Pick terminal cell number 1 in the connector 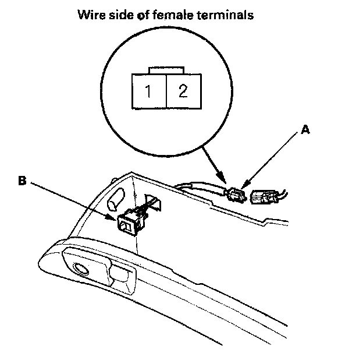(150, 91)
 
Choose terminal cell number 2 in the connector (183, 91)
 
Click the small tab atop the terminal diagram (167, 71)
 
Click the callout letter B (22, 181)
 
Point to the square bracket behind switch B (154, 202)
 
